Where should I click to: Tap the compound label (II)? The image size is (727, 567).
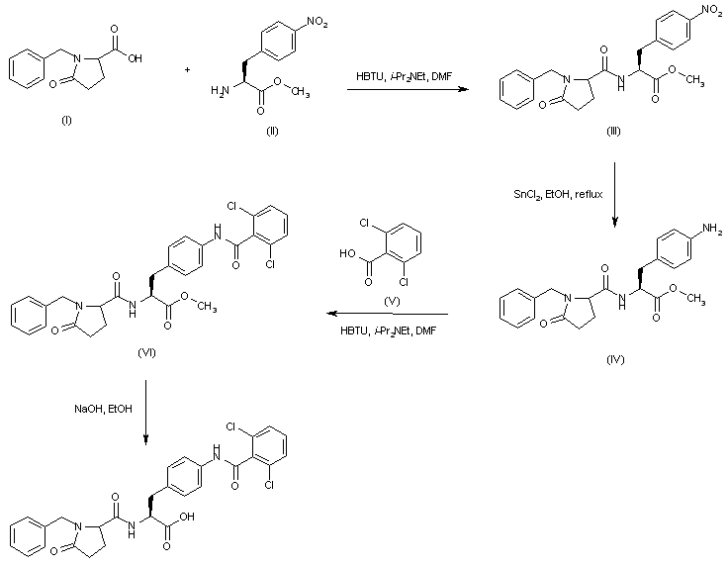(x=273, y=132)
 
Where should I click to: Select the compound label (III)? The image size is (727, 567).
(x=613, y=132)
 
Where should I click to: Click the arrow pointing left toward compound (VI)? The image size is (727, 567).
(x=387, y=315)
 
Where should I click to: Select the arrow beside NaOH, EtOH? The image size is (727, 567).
(x=145, y=417)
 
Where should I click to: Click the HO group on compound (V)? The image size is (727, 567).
(x=348, y=253)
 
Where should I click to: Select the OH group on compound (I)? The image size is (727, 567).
(x=134, y=58)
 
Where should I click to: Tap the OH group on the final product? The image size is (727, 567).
(x=187, y=515)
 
